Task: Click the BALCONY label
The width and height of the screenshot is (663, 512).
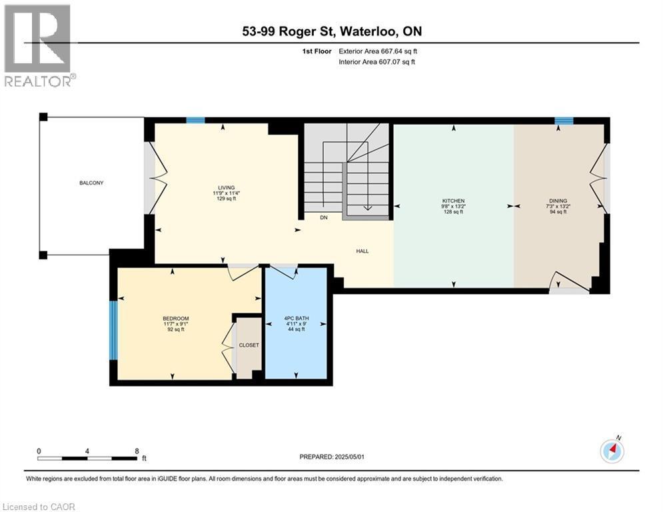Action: click(x=91, y=183)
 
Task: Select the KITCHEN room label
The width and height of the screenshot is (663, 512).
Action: click(x=453, y=201)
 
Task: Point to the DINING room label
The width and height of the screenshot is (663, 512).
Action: click(x=558, y=201)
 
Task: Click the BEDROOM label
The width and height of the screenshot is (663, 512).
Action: click(x=176, y=318)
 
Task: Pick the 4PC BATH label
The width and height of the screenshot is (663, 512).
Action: click(x=297, y=318)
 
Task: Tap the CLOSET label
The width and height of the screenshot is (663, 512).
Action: click(x=249, y=345)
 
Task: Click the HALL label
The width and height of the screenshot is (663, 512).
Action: click(x=362, y=251)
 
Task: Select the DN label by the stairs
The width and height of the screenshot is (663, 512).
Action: click(x=324, y=217)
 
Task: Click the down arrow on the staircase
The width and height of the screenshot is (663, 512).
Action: click(x=367, y=186)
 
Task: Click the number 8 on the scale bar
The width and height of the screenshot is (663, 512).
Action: click(x=137, y=451)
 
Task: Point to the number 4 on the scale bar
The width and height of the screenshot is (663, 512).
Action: click(x=87, y=451)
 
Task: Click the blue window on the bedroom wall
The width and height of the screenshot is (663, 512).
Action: click(x=113, y=330)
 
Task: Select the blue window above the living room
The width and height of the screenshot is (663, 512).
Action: click(x=196, y=120)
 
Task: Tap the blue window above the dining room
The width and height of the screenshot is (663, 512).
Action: click(x=564, y=121)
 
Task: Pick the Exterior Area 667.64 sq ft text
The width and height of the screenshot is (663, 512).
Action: click(x=378, y=51)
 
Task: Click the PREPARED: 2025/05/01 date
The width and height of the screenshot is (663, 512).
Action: click(x=332, y=457)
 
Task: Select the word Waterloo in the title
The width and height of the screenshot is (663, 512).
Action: click(x=368, y=31)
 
